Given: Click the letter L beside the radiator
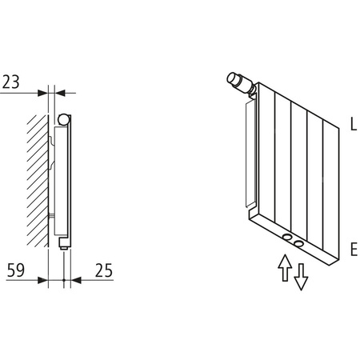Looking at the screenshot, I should tap(353, 125).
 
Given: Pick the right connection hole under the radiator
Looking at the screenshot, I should tap(298, 242).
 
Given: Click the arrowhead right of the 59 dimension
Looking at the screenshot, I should tap(59, 280).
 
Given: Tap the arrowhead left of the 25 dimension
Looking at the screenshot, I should tap(75, 280).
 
